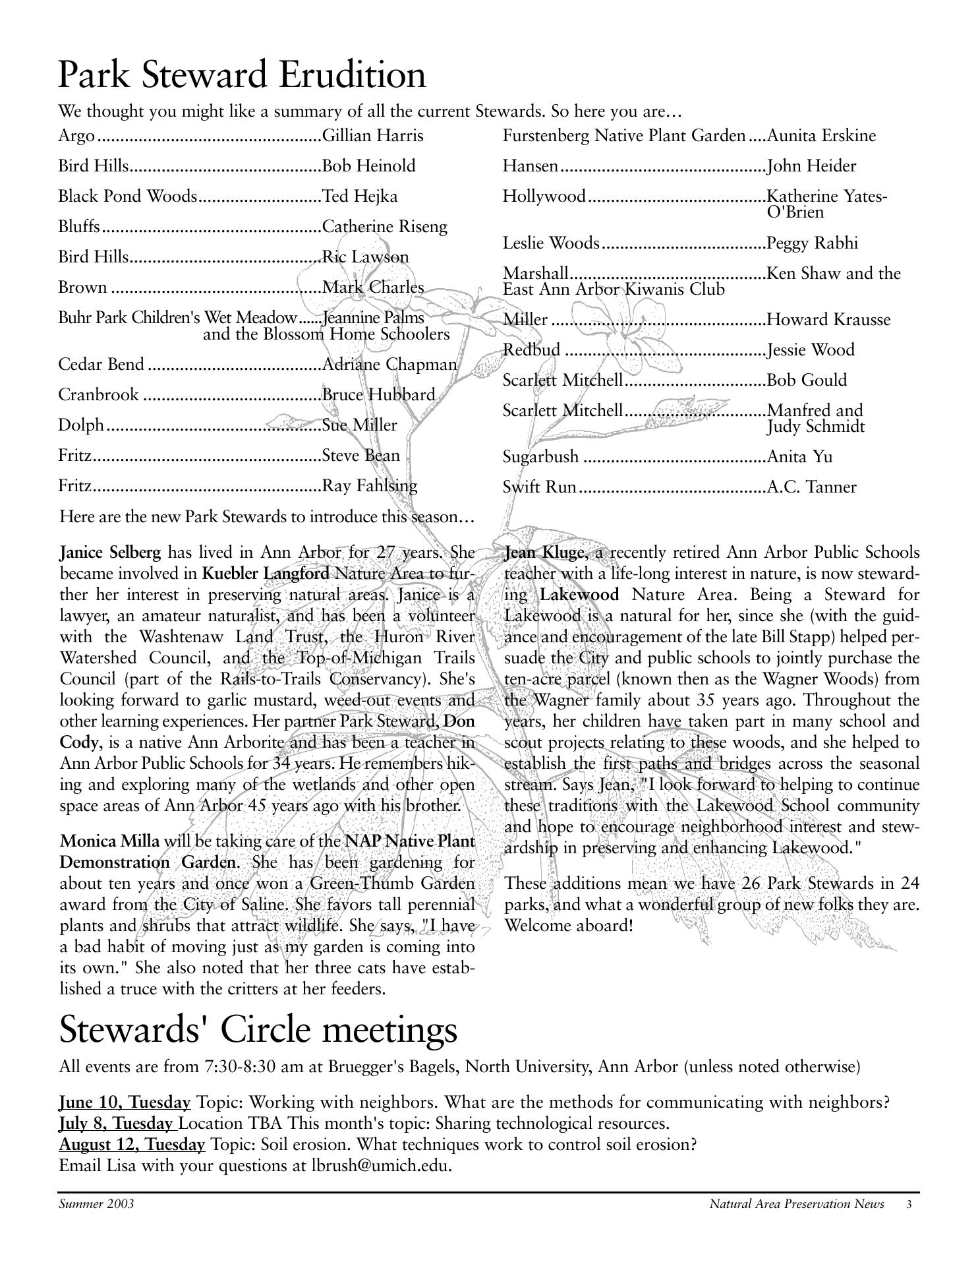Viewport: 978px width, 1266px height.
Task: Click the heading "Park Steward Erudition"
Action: pos(242,75)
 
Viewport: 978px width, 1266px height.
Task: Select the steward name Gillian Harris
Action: pos(372,136)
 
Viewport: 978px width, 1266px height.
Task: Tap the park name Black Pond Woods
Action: pos(127,196)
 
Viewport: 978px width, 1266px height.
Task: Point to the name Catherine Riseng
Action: pos(384,227)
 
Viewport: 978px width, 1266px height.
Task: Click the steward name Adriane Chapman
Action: pos(389,365)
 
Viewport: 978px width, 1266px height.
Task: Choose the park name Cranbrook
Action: pos(98,395)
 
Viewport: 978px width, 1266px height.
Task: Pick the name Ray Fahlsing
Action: pos(370,487)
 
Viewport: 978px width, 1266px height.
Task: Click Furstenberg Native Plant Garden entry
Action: pos(623,136)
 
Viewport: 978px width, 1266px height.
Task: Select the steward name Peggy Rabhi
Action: pos(813,243)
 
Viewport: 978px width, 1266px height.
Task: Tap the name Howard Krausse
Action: pos(828,320)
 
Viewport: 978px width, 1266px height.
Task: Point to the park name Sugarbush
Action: pos(540,457)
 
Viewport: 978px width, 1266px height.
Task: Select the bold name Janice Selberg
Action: pos(110,553)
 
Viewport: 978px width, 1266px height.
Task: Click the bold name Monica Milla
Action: pos(109,841)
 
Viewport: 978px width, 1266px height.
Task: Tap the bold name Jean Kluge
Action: pos(546,553)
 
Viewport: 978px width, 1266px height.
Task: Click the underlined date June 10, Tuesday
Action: pos(125,1102)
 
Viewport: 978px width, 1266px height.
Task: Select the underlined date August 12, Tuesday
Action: pos(132,1145)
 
